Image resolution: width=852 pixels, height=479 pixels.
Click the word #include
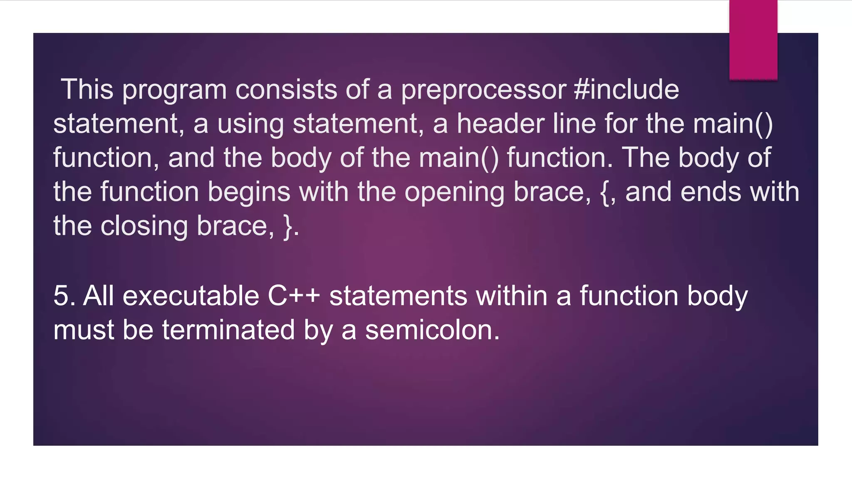626,90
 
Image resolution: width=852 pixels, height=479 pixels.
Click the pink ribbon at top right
753,40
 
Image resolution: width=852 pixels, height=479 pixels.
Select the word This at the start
87,90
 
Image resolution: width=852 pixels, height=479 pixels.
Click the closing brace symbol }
288,227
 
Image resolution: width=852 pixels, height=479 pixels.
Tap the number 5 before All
61,296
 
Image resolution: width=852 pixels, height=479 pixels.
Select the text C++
294,296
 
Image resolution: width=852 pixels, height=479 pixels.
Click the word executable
191,296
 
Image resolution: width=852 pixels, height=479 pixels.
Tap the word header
500,124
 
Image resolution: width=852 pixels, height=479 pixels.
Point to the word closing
144,227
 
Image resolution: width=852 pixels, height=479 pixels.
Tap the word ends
711,192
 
